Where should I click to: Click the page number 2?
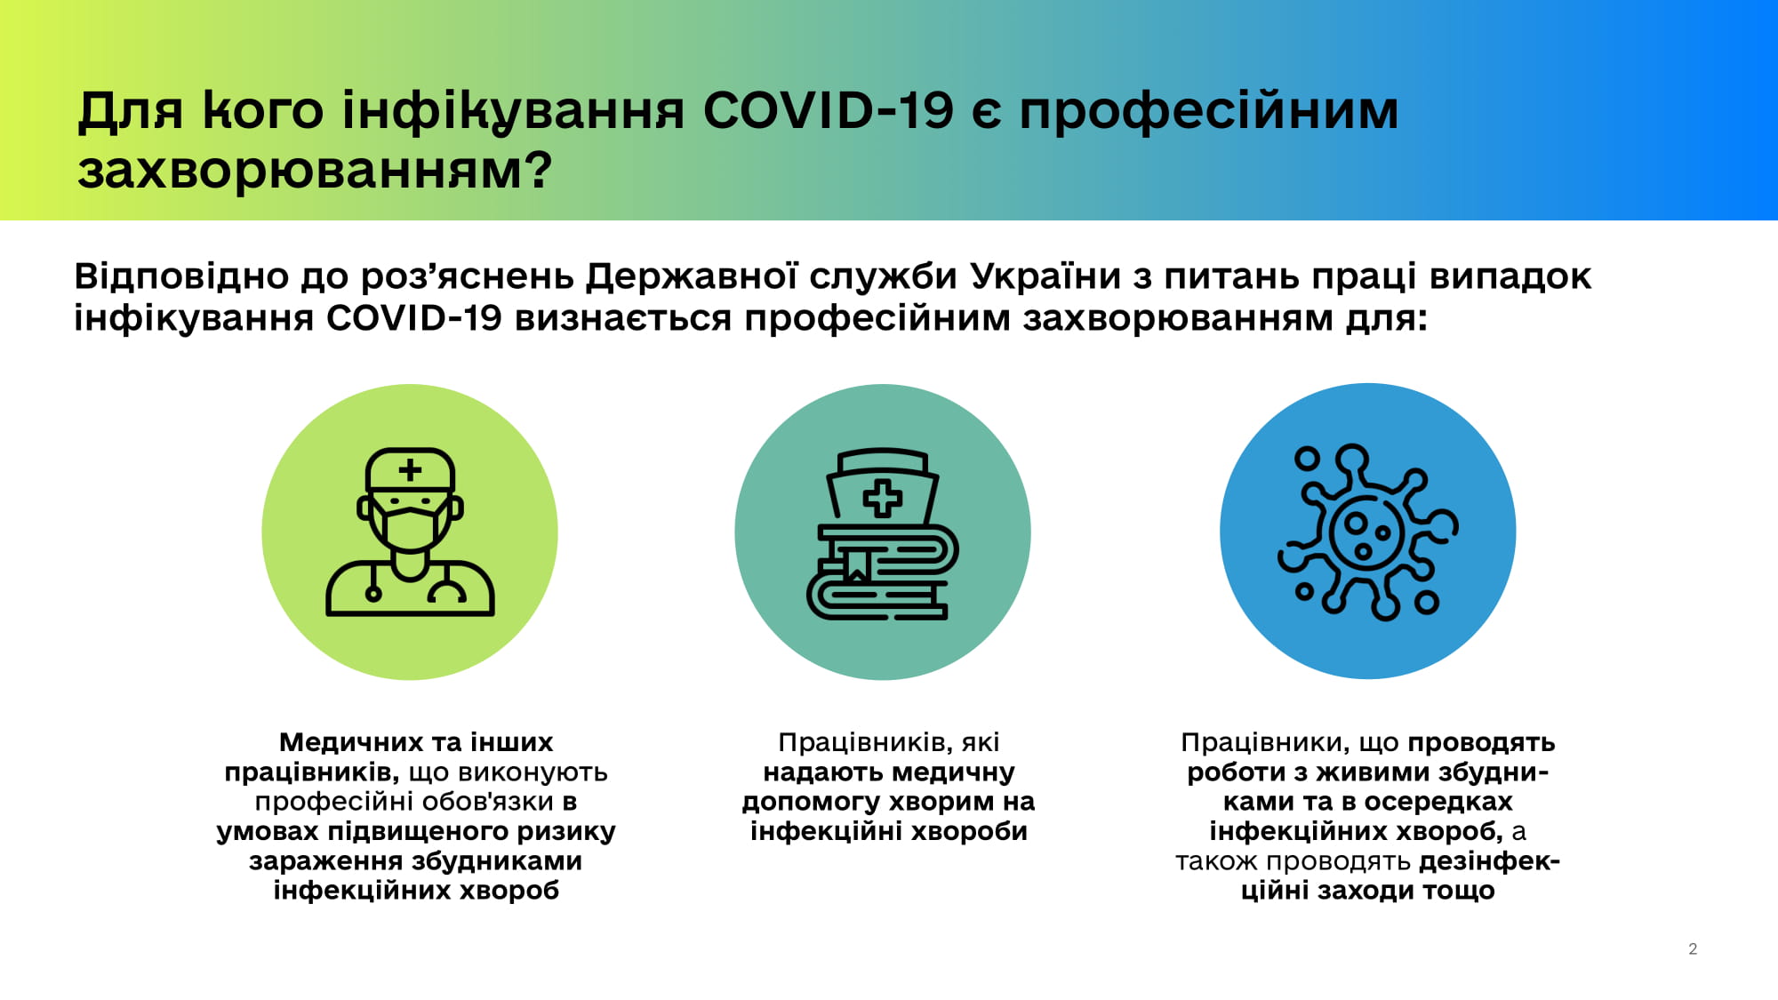click(1693, 949)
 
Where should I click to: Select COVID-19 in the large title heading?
click(828, 111)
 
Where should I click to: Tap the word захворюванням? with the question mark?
click(315, 171)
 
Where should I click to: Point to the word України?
click(1045, 276)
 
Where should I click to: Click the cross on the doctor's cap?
click(410, 469)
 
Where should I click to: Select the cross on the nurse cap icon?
click(882, 499)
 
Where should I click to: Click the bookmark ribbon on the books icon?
click(856, 565)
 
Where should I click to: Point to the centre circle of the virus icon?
click(1367, 533)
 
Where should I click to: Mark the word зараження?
click(325, 861)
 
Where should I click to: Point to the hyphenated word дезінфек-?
click(1490, 861)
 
